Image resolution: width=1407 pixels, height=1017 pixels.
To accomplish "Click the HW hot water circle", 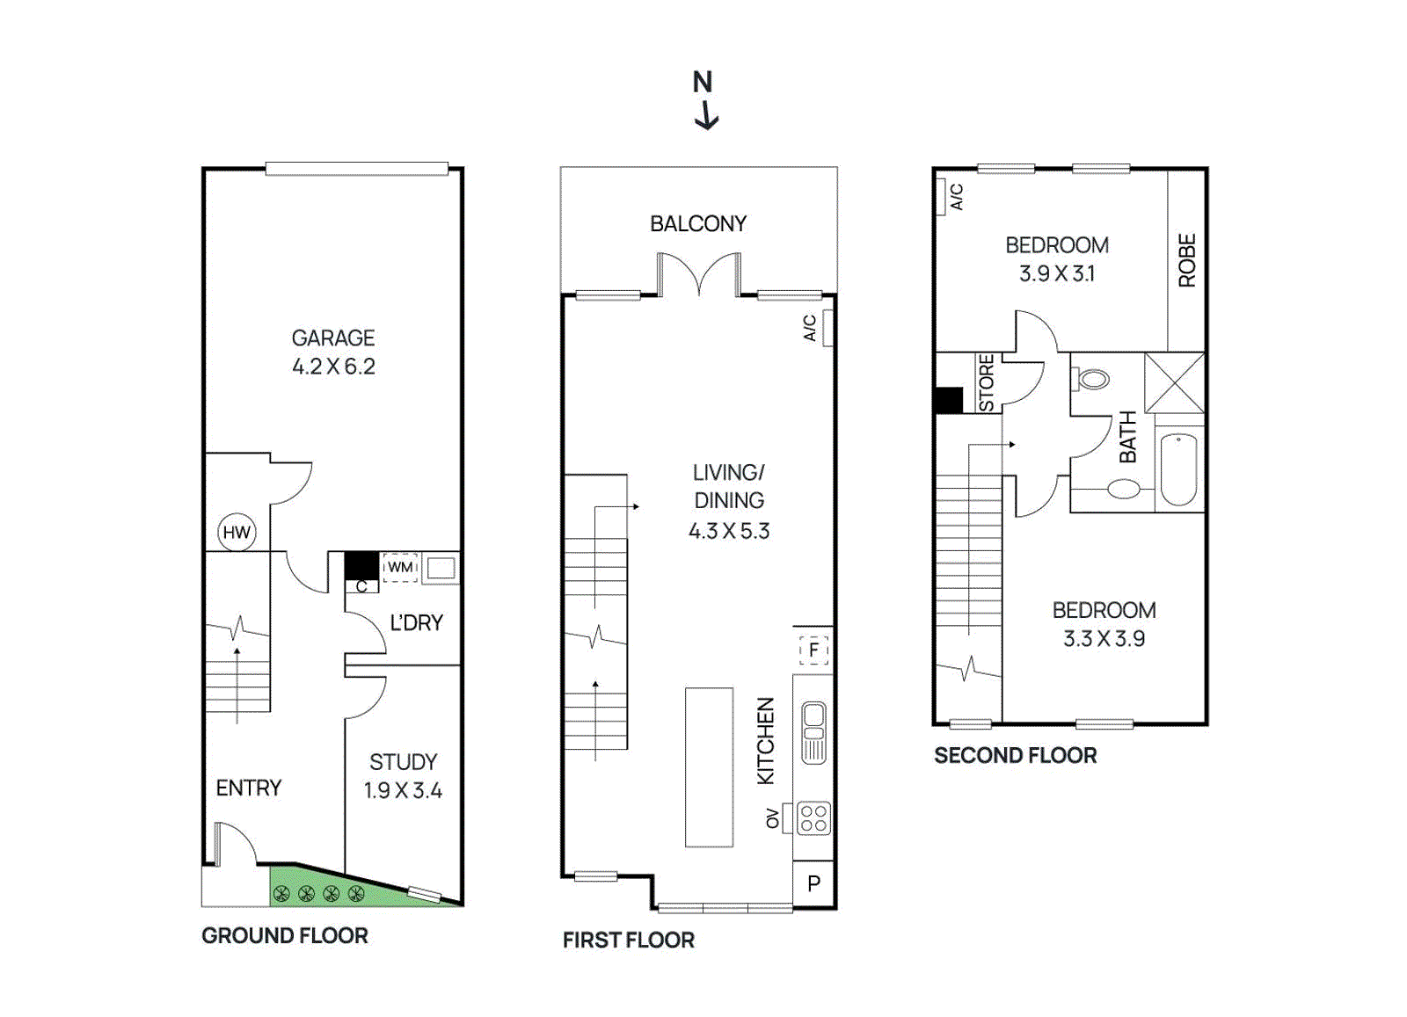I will tap(237, 532).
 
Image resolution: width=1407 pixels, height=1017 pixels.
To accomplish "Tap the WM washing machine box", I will tap(400, 567).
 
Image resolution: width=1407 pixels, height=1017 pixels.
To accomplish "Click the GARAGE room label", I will tap(333, 338).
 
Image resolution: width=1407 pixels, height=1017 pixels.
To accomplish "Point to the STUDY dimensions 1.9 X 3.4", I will tap(403, 790).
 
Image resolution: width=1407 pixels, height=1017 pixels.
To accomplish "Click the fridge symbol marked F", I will tap(813, 650).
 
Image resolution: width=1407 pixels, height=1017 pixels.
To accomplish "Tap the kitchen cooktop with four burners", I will tap(813, 819).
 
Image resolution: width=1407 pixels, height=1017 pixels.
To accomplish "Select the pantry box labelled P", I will tap(813, 883).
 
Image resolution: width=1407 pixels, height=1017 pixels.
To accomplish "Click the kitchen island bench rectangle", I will tap(709, 766).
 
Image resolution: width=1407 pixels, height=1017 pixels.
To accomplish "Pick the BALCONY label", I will tap(698, 224).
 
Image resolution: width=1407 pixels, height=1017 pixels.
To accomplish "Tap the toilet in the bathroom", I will tap(1091, 380).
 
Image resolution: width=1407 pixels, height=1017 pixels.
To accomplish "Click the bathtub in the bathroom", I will tap(1178, 469).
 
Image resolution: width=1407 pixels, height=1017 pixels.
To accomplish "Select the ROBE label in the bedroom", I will tap(1187, 260).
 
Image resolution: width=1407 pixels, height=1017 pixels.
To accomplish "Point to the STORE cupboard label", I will tap(987, 383).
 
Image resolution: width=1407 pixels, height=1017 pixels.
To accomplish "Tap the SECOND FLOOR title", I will tap(1015, 755).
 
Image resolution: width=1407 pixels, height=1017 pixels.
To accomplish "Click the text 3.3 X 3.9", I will tap(1104, 639).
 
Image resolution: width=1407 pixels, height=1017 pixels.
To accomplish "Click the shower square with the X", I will tap(1174, 382).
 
